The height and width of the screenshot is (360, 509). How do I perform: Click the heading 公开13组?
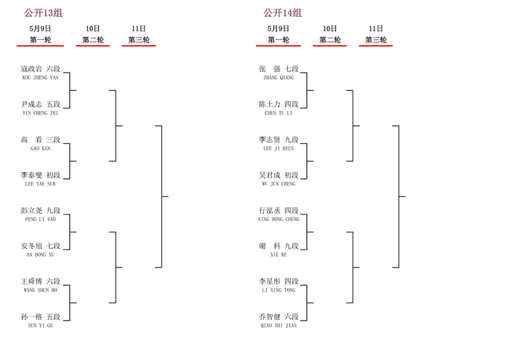click(43, 13)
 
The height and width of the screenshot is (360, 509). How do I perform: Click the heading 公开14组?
click(282, 13)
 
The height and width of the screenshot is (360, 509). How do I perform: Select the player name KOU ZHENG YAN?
click(41, 78)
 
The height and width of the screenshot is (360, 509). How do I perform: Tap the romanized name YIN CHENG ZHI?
click(40, 113)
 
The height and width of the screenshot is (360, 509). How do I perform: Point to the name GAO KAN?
click(41, 148)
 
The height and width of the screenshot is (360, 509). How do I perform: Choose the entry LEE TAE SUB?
click(41, 184)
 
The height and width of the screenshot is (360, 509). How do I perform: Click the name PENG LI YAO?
click(41, 219)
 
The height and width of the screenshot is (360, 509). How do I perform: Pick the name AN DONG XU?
click(41, 255)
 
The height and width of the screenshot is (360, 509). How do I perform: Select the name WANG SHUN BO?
click(41, 290)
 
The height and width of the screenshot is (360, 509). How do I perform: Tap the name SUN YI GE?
click(41, 325)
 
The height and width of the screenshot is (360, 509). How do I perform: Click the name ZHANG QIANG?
click(278, 78)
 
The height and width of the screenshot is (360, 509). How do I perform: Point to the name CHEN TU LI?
click(278, 113)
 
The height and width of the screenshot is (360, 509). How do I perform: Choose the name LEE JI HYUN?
click(278, 148)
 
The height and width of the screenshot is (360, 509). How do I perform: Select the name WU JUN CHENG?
click(278, 184)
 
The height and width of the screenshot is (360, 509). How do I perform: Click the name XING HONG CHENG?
click(278, 219)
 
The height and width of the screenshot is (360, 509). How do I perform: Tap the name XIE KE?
click(278, 255)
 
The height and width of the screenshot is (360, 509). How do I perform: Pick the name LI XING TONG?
click(278, 290)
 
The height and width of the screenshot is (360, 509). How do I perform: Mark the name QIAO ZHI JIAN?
click(278, 325)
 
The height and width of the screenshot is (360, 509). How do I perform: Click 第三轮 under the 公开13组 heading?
click(139, 40)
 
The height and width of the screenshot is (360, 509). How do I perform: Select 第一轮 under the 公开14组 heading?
click(278, 40)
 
